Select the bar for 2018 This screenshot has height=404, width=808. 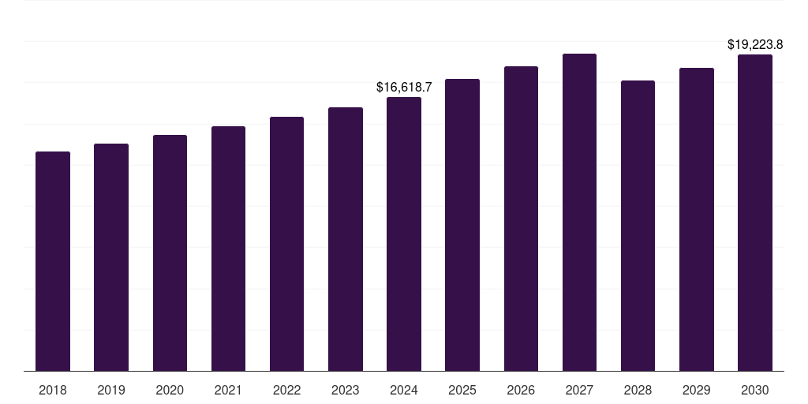(x=53, y=261)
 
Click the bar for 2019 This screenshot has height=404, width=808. (x=111, y=257)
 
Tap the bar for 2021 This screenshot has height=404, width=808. (x=228, y=249)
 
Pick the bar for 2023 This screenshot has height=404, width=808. (x=346, y=239)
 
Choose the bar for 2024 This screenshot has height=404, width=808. (x=404, y=234)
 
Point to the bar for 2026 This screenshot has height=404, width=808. (x=521, y=219)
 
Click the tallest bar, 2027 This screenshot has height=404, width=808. (x=579, y=212)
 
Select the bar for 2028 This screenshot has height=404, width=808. (x=638, y=226)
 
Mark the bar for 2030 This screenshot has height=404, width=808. (x=755, y=213)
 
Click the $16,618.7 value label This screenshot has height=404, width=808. (x=404, y=88)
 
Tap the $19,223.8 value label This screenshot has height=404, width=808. (x=755, y=45)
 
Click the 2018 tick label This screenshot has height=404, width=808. (x=53, y=390)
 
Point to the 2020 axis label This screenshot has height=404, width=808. (x=170, y=390)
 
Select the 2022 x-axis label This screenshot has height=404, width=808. (x=286, y=390)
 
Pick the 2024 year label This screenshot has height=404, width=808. (x=404, y=390)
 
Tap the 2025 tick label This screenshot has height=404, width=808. (x=462, y=390)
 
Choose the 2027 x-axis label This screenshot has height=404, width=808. (x=579, y=390)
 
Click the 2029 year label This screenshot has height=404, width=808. (x=696, y=390)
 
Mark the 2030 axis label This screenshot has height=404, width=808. (x=755, y=390)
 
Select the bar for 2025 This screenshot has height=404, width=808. (x=462, y=225)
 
